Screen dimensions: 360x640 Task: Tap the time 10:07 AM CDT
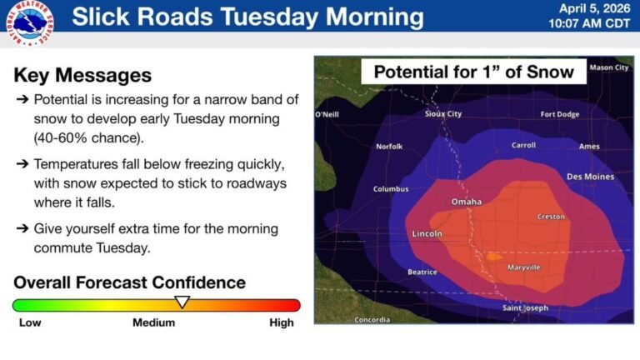587,24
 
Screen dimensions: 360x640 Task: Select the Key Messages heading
82,75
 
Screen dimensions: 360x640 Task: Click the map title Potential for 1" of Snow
473,71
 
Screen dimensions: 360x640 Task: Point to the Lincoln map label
427,234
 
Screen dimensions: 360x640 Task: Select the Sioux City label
443,114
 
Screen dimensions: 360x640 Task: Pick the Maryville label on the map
524,267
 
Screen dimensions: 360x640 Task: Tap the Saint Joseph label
525,308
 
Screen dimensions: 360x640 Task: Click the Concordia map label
372,320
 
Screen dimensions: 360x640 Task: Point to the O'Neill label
327,114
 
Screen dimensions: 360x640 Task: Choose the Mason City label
609,67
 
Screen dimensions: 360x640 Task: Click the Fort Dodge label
559,114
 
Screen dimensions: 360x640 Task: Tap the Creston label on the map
551,217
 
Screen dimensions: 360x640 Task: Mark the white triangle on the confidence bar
182,301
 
